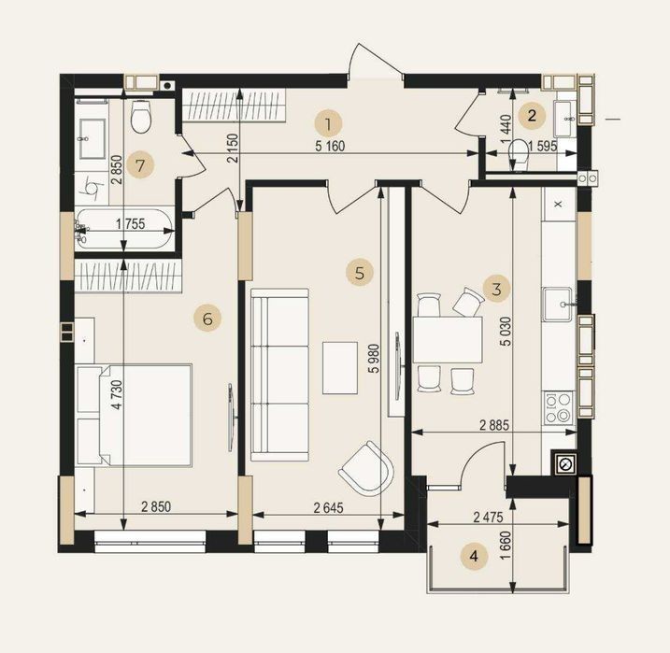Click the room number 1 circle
(x=328, y=124)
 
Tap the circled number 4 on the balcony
(x=474, y=557)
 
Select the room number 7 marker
(x=140, y=164)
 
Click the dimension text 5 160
(x=330, y=147)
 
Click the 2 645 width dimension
(x=328, y=508)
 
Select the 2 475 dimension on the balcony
(x=489, y=518)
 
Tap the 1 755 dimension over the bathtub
(x=131, y=224)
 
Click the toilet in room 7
(x=141, y=116)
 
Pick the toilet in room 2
(x=520, y=154)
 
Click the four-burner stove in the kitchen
(x=559, y=407)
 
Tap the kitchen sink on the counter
(x=557, y=305)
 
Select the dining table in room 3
(x=448, y=339)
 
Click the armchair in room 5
(x=366, y=468)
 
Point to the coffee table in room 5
(x=340, y=368)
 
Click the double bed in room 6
(x=134, y=415)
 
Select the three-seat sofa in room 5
(x=280, y=375)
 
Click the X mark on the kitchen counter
(x=558, y=205)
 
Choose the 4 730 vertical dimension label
(x=118, y=395)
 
